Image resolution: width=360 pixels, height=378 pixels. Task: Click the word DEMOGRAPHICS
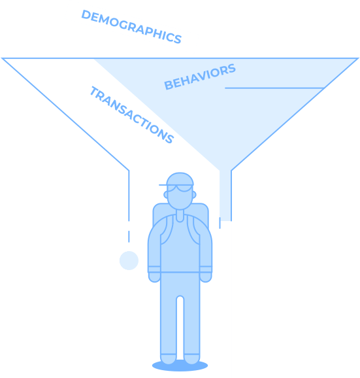[x=131, y=27]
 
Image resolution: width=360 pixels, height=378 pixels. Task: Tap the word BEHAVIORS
[x=200, y=77]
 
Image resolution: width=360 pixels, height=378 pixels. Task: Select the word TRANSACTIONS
[x=131, y=114]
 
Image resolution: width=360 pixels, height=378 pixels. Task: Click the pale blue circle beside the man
[x=129, y=260]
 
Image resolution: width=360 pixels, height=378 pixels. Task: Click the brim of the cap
[x=164, y=185]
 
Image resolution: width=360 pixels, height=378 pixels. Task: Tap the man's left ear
[x=194, y=194]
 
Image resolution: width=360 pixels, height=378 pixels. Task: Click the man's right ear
[x=166, y=194]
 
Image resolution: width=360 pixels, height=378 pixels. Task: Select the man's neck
[x=180, y=215]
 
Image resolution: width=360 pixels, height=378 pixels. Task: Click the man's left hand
[x=206, y=277]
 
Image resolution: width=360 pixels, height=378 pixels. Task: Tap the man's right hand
[x=154, y=277]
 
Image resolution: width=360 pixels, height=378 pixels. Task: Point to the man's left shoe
[x=191, y=359]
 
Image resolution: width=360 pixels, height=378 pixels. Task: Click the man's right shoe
[x=169, y=359]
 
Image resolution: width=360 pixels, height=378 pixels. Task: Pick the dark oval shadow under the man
[x=180, y=366]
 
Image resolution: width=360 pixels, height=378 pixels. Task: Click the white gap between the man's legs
[x=180, y=327]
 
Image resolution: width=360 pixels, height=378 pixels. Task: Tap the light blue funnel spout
[x=225, y=196]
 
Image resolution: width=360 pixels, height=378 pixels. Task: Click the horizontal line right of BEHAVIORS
[x=274, y=88]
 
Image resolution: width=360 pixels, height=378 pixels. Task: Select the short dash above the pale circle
[x=129, y=236]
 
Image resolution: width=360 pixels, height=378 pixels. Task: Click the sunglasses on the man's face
[x=180, y=188]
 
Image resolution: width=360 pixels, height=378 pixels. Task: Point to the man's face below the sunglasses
[x=180, y=200]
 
